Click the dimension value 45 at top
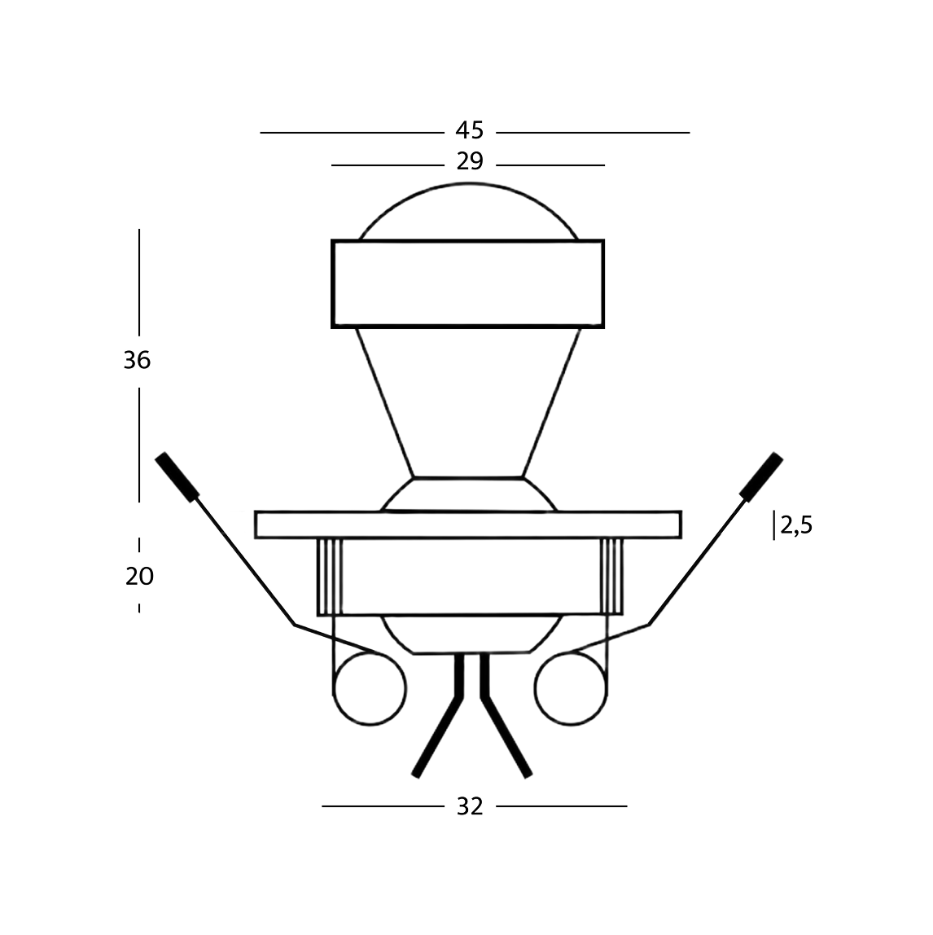tap(470, 130)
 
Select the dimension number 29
tap(470, 162)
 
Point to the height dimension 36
tap(137, 360)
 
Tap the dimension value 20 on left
tap(139, 577)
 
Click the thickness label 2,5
tap(796, 526)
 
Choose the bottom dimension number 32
tap(470, 806)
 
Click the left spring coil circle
tap(369, 689)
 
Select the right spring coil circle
tap(571, 689)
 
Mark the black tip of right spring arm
tap(761, 475)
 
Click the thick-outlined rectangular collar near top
tap(468, 283)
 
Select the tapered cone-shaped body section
tap(468, 399)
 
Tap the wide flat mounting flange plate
tap(468, 525)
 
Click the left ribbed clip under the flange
tap(329, 577)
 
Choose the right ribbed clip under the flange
tap(611, 577)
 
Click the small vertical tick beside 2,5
tap(774, 526)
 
